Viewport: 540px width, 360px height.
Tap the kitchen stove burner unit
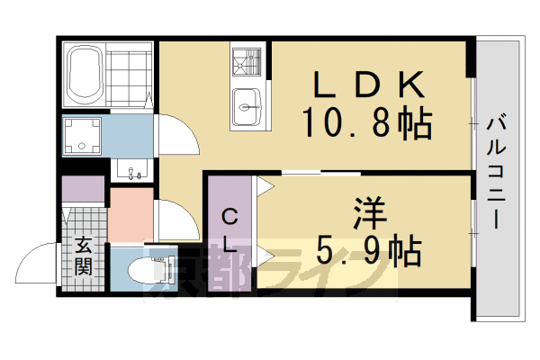coord(245,62)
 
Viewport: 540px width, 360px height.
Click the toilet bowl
coord(144,270)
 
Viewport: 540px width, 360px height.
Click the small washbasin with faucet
coord(133,169)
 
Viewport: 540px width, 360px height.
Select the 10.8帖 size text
coord(369,121)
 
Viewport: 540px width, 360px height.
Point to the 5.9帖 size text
coord(369,252)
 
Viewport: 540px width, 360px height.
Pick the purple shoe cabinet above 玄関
coord(84,191)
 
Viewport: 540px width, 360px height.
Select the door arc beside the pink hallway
coord(175,219)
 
